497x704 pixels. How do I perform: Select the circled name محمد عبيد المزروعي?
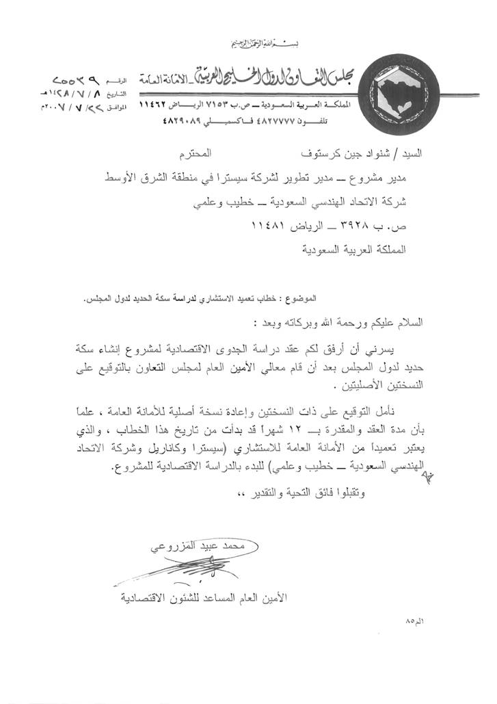click(x=204, y=547)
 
